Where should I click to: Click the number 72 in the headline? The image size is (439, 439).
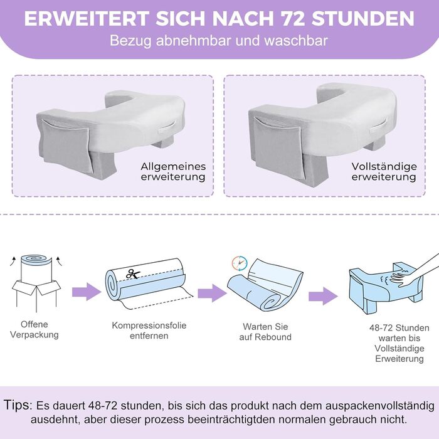[x=294, y=19]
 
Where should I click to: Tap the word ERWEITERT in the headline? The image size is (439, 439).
[x=87, y=19]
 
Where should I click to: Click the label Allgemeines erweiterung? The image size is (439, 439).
[x=173, y=172]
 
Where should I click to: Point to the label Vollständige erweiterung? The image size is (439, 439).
[x=384, y=172]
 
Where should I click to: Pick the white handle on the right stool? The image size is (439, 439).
[x=379, y=126]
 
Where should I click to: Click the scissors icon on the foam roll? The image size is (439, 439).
[x=133, y=273]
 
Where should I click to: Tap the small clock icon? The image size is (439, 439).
[x=240, y=263]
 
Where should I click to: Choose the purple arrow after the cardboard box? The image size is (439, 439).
[x=87, y=292]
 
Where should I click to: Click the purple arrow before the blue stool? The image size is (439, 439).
[x=323, y=295]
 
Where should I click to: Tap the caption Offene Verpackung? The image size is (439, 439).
[x=34, y=329]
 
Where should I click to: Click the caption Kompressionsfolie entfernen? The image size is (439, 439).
[x=149, y=331]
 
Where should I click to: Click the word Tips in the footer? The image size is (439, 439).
[x=18, y=405]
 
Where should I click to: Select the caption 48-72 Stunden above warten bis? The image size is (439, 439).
[x=399, y=328]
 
